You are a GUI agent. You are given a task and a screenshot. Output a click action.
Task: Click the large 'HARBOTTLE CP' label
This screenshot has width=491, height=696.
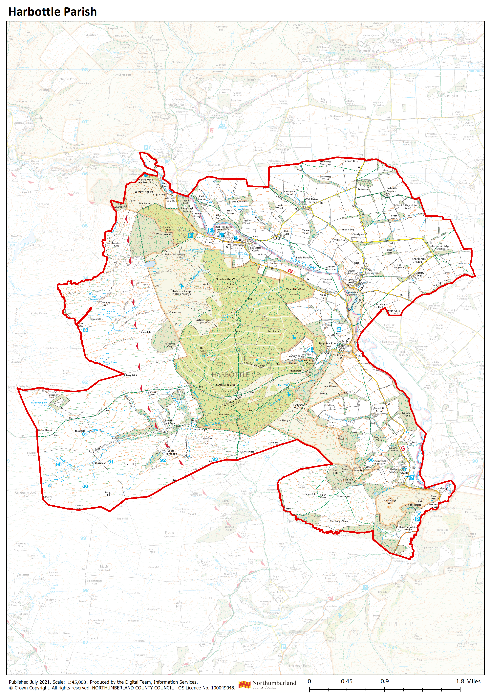(x=236, y=375)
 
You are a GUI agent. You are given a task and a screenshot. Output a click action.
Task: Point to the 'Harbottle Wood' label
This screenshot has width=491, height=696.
(x=228, y=279)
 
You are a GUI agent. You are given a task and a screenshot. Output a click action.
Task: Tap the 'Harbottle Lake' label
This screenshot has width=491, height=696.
(x=154, y=270)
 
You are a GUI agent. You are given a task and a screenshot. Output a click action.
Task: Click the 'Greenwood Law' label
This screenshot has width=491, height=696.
(x=25, y=494)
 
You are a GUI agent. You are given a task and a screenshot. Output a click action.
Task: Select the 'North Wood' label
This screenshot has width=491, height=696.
(x=295, y=333)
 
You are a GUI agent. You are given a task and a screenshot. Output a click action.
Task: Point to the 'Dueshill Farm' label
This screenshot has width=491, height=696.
(x=379, y=410)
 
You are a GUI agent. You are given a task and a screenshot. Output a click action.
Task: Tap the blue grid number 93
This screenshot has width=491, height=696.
(x=215, y=459)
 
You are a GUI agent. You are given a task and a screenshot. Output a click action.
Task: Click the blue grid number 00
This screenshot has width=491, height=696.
(x=85, y=486)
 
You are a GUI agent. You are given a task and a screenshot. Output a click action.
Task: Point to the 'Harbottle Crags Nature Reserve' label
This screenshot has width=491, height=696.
(x=181, y=292)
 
